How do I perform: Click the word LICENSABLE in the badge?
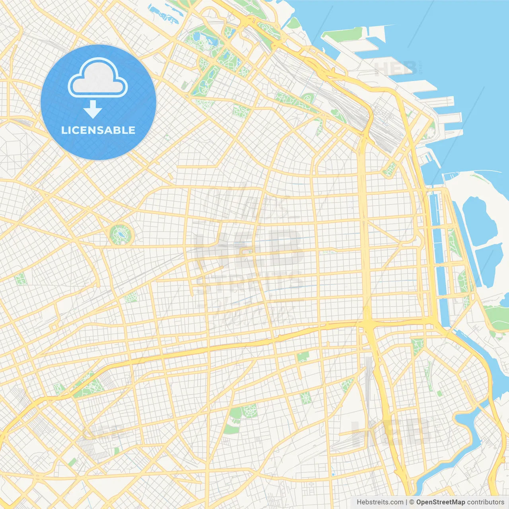(98, 130)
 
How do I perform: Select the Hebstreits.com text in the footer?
(380, 502)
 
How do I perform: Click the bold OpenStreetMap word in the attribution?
(440, 502)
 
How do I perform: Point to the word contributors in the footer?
(486, 502)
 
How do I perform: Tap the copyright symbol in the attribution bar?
(412, 502)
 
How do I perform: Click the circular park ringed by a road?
(121, 235)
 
